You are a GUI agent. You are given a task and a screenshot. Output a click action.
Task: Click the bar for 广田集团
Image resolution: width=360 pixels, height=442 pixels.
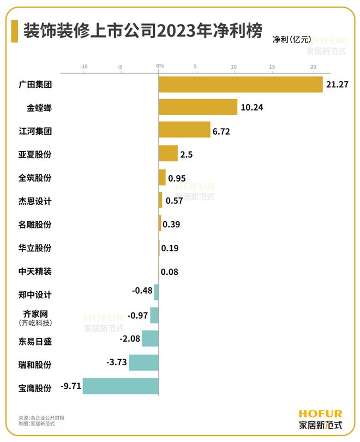(x=240, y=84)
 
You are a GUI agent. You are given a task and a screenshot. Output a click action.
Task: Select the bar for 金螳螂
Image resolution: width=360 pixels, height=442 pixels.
(x=197, y=107)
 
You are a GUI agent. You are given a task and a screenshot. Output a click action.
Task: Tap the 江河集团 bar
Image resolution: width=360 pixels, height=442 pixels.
(x=184, y=130)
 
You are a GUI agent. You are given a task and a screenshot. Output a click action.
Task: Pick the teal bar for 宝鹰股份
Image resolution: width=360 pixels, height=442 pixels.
(x=120, y=387)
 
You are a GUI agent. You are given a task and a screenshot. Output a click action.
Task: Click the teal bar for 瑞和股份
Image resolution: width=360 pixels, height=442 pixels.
(x=143, y=363)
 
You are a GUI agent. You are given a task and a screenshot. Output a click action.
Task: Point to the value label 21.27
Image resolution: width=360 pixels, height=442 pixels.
(x=337, y=85)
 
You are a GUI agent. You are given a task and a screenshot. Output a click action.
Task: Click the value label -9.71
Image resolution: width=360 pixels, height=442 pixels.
(x=70, y=387)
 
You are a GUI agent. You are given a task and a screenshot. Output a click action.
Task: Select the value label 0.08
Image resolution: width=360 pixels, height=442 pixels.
(x=170, y=271)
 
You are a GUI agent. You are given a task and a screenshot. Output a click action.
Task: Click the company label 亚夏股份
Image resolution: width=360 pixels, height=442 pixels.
(x=35, y=154)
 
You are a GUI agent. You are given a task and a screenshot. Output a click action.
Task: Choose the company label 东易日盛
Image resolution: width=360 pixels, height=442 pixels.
(x=35, y=342)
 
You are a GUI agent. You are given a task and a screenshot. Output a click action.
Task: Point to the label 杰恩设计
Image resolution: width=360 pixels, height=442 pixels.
(x=35, y=201)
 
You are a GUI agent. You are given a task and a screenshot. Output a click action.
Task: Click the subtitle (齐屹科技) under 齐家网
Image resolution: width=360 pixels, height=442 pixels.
(x=35, y=323)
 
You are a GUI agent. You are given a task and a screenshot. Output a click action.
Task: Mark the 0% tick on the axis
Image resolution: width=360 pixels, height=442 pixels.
(x=160, y=66)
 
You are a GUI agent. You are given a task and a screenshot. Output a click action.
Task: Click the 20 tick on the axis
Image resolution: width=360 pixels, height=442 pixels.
(x=313, y=66)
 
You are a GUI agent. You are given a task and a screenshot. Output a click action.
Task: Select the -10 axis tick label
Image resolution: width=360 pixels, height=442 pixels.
(x=83, y=66)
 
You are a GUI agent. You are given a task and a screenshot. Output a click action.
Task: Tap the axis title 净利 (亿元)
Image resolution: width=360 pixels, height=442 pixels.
(x=292, y=39)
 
